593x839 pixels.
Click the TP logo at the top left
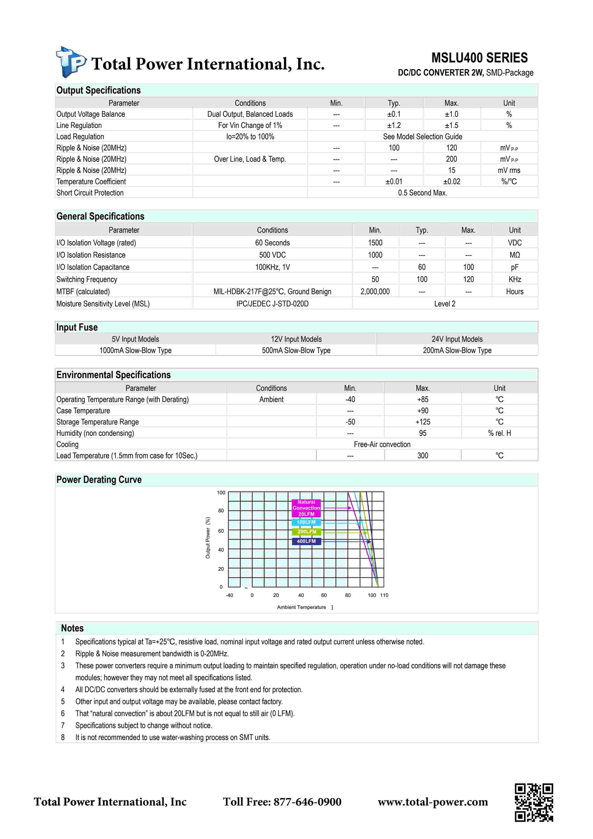point(71,62)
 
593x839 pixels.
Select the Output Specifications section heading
point(98,90)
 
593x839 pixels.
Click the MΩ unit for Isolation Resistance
point(515,255)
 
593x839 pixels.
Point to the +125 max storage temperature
point(422,422)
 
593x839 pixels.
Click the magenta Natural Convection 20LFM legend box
point(306,508)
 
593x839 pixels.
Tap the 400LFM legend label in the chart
point(306,541)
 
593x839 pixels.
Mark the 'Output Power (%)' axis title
point(208,538)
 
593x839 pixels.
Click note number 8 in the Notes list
point(63,737)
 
